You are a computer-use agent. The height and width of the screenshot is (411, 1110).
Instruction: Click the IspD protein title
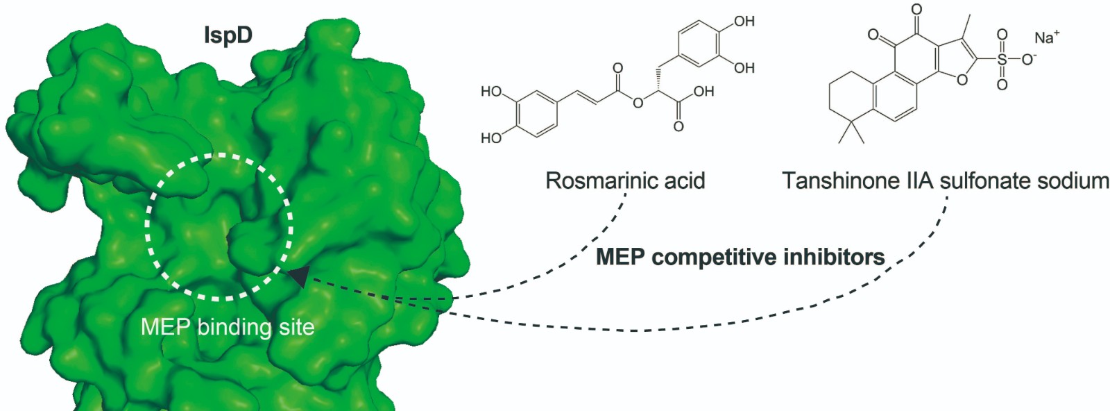pyautogui.click(x=228, y=35)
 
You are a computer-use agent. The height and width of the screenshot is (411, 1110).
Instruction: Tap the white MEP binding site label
pyautogui.click(x=228, y=326)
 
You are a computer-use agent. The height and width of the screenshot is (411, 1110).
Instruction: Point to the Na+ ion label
pyautogui.click(x=1046, y=37)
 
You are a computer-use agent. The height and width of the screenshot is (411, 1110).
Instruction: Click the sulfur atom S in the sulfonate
pyautogui.click(x=1002, y=59)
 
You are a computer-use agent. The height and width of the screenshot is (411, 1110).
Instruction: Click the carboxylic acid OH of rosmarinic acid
pyautogui.click(x=703, y=92)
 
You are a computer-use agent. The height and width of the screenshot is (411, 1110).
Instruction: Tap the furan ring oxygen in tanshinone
pyautogui.click(x=962, y=80)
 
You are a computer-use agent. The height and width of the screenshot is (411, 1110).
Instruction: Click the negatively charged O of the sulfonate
pyautogui.click(x=1028, y=59)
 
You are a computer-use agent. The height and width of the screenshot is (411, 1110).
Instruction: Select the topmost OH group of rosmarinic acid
pyautogui.click(x=744, y=22)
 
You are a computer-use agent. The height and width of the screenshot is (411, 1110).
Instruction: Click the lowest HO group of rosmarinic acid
pyautogui.click(x=491, y=138)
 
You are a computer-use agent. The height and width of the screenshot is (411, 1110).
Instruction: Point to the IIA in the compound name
pyautogui.click(x=920, y=181)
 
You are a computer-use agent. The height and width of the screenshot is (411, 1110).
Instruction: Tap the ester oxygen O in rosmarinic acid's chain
pyautogui.click(x=638, y=103)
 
